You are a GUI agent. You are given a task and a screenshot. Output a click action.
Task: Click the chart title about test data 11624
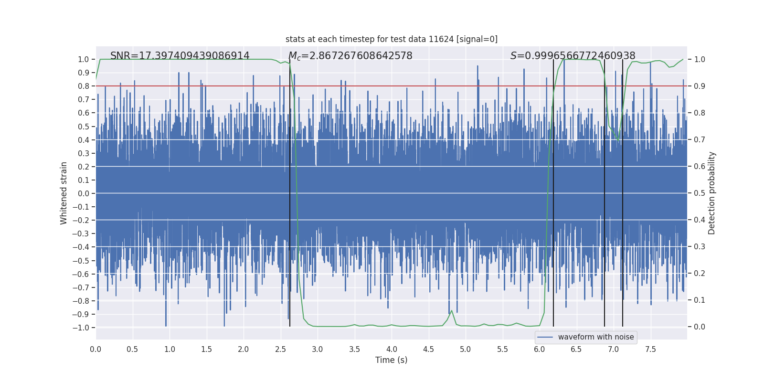391,39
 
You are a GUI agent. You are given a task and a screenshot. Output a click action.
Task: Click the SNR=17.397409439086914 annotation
180,56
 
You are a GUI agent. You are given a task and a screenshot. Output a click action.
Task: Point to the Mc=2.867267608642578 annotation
350,56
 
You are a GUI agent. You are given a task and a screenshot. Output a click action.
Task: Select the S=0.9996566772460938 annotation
573,56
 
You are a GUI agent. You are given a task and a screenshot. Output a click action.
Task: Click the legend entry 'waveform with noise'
595,337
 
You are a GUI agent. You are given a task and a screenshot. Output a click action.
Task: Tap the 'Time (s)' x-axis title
391,360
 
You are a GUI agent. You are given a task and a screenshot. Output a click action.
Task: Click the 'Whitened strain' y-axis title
64,193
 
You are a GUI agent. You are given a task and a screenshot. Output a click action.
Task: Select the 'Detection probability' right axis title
712,193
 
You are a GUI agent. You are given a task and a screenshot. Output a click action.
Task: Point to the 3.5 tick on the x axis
354,349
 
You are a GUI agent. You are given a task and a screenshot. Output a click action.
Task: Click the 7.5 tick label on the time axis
650,349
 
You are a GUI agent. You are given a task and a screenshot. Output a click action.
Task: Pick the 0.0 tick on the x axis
95,349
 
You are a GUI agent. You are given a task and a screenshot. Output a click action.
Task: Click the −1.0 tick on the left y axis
81,328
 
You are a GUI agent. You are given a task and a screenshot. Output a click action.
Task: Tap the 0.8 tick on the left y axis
83,86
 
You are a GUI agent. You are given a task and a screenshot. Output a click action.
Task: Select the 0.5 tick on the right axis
700,193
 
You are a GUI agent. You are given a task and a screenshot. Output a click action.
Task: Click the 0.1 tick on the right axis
700,300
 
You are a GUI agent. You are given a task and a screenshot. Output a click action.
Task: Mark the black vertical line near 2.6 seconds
290,191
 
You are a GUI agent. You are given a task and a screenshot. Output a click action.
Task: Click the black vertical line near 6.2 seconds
553,191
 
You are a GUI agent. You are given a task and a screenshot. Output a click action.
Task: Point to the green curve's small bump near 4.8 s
452,311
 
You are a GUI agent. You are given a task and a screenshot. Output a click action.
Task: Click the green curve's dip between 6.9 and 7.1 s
618,139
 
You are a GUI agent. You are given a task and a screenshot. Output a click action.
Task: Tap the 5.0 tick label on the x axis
465,349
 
